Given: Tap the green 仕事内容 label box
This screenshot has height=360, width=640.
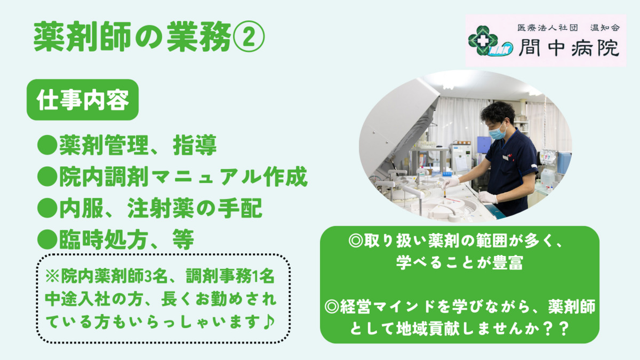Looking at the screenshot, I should click(82, 100).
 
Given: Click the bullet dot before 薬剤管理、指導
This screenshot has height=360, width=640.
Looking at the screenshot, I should click(47, 146).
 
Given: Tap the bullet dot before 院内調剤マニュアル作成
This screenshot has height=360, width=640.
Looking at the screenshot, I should click(47, 178).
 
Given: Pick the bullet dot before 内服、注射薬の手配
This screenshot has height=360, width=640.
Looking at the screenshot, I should click(47, 209).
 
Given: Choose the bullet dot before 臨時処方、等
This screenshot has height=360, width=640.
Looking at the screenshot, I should click(47, 241).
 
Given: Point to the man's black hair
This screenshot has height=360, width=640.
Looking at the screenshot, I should click(498, 111).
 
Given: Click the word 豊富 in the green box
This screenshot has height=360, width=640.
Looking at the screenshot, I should click(504, 262).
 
